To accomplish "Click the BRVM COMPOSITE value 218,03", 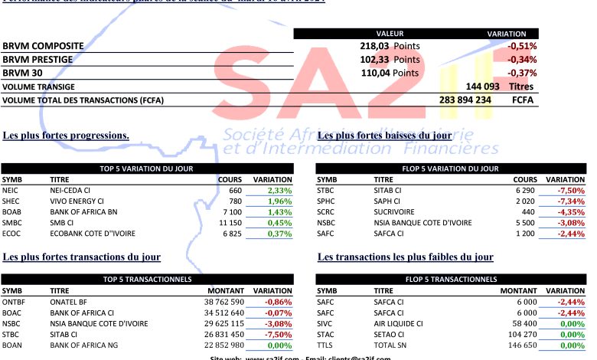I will coord(375,46).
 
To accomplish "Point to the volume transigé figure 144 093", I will coord(482,87).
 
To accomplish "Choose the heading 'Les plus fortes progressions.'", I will coord(66,136).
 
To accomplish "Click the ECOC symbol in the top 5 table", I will coord(11,233).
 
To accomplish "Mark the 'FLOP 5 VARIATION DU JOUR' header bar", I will coord(450,168).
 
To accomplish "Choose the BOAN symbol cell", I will coord(12,345).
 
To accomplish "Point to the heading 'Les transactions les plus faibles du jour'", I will coord(405,257).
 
